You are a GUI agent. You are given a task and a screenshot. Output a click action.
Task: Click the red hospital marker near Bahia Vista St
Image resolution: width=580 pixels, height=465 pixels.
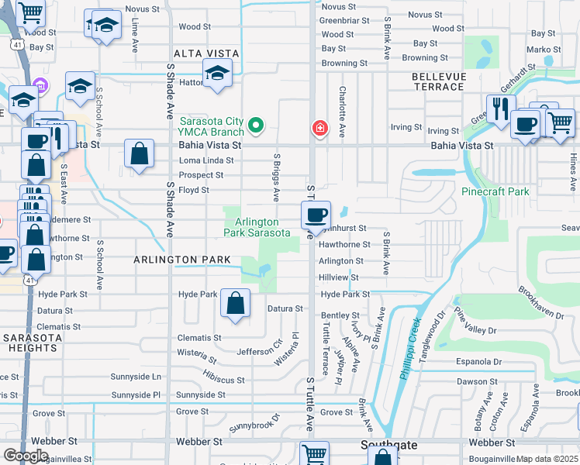click(319, 128)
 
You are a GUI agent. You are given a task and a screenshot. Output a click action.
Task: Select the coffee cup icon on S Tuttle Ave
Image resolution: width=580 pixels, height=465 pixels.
click(316, 215)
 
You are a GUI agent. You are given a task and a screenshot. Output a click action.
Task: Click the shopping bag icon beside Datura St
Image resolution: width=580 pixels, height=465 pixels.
click(235, 303)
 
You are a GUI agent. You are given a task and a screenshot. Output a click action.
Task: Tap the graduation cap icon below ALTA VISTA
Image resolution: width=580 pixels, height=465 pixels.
click(218, 75)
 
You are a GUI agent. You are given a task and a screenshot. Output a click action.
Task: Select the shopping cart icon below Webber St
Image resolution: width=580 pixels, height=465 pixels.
click(314, 455)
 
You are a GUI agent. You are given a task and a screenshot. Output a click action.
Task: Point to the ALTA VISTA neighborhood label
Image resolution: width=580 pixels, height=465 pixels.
click(206, 53)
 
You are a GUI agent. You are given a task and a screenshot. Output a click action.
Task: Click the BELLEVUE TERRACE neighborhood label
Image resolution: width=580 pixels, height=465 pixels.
click(438, 81)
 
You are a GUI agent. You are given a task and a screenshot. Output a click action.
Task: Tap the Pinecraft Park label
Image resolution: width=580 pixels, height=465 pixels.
click(495, 191)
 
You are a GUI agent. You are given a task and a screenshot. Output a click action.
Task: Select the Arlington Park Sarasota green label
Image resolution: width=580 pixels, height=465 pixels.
click(257, 227)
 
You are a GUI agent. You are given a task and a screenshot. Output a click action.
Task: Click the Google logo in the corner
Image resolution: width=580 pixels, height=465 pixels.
click(26, 456)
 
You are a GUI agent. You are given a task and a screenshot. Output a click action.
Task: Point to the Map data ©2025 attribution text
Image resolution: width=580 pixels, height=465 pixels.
click(547, 459)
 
